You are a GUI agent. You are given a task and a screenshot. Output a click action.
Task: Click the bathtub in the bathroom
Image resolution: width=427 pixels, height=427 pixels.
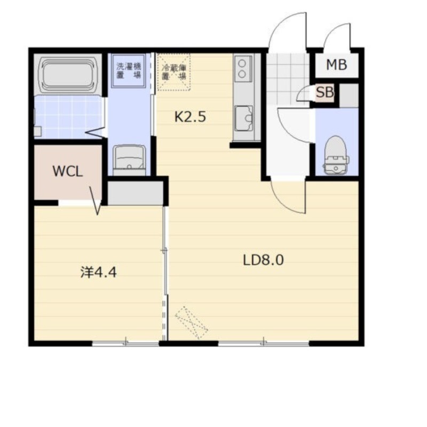pos(68,75)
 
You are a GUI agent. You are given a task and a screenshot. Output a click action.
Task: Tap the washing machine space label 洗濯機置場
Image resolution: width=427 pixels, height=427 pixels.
pos(129,70)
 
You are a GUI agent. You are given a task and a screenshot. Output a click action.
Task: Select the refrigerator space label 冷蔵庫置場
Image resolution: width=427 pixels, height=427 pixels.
pos(174,72)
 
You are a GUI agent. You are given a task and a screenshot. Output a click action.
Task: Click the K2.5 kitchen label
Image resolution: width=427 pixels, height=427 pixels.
pos(190,117)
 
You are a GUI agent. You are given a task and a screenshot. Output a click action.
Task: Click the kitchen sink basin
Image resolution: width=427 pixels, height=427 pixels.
pos(244,118)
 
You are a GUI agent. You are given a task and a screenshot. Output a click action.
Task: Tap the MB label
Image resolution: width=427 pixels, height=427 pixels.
pos(337,65)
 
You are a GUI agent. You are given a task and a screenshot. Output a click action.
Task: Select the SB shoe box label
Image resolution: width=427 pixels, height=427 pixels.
pos(325,92)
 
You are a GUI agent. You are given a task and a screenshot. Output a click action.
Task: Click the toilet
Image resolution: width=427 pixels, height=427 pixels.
pos(336,155)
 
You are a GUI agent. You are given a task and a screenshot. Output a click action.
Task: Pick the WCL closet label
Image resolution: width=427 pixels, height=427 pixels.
pos(68,171)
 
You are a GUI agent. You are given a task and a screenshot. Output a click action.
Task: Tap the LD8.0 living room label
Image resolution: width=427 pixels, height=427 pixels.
pos(263,260)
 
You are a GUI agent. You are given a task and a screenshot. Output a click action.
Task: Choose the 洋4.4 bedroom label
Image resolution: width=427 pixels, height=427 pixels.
pos(99,272)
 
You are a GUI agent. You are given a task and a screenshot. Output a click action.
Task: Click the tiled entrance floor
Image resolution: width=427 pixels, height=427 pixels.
pos(288,79)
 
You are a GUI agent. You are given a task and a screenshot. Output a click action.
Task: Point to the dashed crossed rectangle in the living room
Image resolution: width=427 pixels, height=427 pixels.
pos(192,323)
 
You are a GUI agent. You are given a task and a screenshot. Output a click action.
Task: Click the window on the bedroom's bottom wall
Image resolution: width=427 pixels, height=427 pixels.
pos(125,344)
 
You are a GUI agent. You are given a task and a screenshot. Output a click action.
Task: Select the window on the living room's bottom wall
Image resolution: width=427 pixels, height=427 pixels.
pos(264,344)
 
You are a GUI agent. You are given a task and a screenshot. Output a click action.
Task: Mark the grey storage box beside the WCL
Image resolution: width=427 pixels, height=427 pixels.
pos(136,193)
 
